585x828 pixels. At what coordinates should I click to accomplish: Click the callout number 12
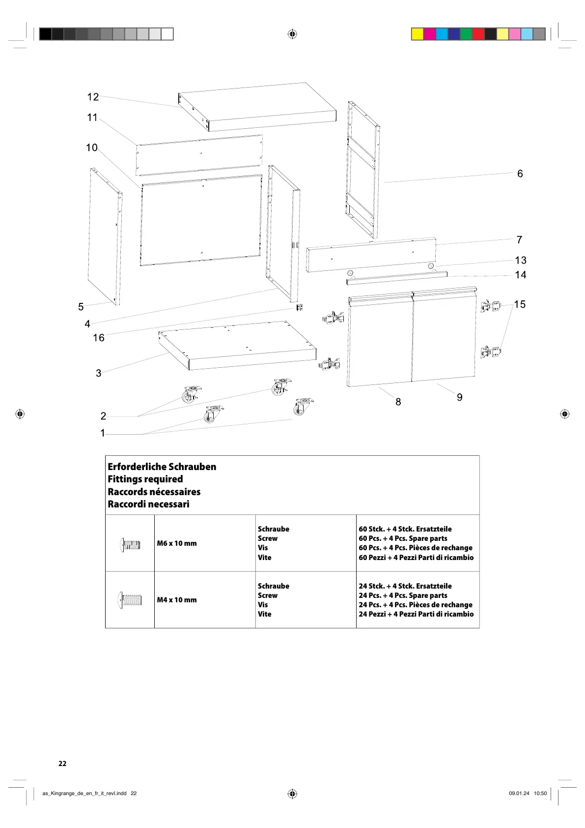[93, 97]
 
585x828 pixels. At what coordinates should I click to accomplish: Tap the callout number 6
[520, 174]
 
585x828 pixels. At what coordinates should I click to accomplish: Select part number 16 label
[99, 338]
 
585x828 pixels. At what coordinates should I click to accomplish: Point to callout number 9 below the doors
[460, 397]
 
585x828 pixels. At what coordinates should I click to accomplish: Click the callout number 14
[521, 275]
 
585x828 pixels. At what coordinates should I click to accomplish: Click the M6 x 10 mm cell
[177, 543]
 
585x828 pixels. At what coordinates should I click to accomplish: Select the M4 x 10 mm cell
[177, 600]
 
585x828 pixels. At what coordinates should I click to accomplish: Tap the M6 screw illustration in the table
[130, 544]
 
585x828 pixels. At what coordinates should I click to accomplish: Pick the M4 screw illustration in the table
[130, 600]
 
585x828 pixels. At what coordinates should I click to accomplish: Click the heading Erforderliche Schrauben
[162, 467]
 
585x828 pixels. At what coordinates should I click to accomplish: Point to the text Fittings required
[145, 479]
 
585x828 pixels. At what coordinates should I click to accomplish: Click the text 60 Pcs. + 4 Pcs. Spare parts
[403, 538]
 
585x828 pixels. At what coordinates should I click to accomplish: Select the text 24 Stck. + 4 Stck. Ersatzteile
[405, 586]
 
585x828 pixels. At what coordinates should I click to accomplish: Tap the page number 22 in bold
[62, 764]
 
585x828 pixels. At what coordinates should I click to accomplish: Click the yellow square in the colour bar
[417, 34]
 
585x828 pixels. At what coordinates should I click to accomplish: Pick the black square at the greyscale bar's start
[45, 34]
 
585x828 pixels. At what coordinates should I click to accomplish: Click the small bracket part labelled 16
[299, 307]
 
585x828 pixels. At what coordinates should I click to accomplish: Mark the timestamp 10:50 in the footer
[540, 793]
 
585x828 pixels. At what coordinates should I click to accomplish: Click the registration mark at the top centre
[292, 34]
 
